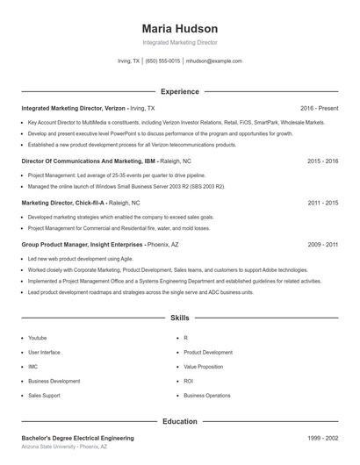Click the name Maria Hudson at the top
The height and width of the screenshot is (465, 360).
point(179,28)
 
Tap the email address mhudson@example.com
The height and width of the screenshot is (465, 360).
point(213,61)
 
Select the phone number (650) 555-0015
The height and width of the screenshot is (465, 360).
point(162,61)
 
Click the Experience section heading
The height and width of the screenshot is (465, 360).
point(179,91)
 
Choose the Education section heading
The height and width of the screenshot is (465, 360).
point(179,421)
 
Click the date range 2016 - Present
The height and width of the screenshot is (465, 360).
point(319,107)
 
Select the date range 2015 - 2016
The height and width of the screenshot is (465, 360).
point(322,161)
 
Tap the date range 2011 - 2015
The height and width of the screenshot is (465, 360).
point(322,202)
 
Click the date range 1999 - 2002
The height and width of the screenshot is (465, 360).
point(322,437)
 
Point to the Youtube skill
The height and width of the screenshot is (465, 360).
point(38,338)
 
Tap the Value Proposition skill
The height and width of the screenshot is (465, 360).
point(203,367)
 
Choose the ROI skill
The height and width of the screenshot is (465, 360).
point(188,381)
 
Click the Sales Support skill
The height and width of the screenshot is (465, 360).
point(45,396)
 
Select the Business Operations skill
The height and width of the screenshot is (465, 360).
point(207,396)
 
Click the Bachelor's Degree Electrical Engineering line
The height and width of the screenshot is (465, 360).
point(77,437)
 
